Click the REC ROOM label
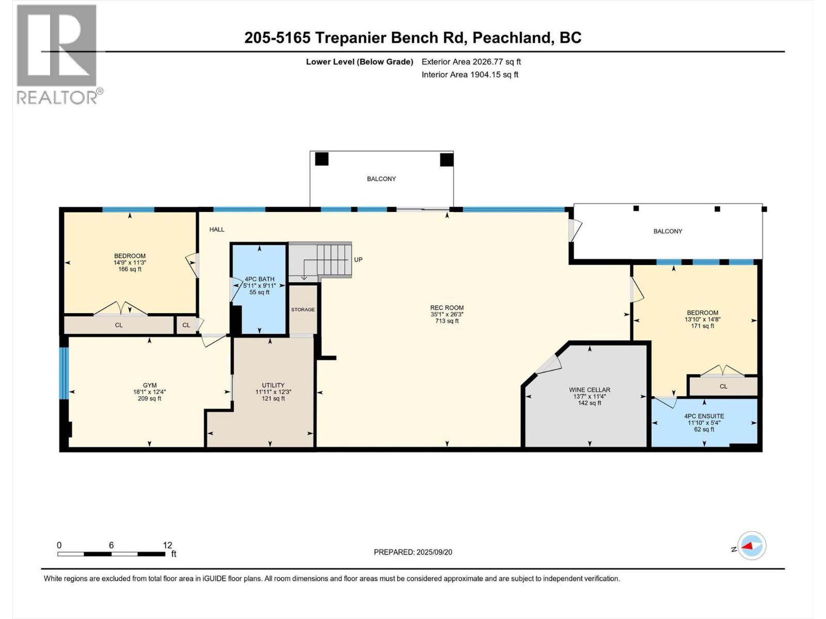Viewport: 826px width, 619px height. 447,308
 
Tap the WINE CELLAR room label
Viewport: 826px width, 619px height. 590,390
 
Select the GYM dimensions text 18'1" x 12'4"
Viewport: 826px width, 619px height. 150,392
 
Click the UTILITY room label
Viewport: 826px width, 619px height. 273,385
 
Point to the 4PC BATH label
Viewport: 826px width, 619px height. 259,279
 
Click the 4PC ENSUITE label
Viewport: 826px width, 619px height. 704,416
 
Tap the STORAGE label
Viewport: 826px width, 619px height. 303,309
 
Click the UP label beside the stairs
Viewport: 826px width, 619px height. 358,259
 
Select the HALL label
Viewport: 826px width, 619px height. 217,230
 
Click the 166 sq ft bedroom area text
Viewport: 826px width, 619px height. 130,269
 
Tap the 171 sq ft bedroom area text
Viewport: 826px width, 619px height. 703,326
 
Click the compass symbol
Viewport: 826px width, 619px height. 752,546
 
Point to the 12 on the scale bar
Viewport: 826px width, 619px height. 167,545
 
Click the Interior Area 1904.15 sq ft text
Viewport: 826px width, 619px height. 470,75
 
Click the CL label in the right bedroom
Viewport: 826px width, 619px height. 723,386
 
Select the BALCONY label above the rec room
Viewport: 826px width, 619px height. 382,179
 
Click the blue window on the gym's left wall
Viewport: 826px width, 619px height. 64,373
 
